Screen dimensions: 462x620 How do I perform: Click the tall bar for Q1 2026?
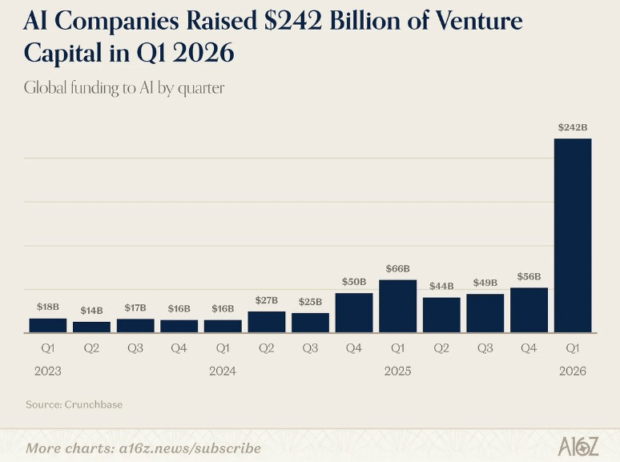pyautogui.click(x=573, y=235)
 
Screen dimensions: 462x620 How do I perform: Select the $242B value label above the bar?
pyautogui.click(x=573, y=127)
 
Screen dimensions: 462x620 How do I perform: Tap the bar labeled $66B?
pyautogui.click(x=398, y=306)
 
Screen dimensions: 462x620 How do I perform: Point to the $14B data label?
pyautogui.click(x=91, y=310)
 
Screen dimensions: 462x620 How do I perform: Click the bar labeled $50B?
pyautogui.click(x=354, y=312)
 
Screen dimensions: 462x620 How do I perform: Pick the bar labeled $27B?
pyautogui.click(x=267, y=322)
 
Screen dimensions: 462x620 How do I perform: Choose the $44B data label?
pyautogui.click(x=441, y=286)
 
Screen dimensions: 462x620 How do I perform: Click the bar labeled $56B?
pyautogui.click(x=529, y=310)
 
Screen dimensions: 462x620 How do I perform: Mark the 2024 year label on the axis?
pyautogui.click(x=222, y=372)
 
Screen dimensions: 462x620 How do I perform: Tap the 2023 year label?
pyautogui.click(x=47, y=372)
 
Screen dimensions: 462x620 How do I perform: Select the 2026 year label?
pyautogui.click(x=573, y=372)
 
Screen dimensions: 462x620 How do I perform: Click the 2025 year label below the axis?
pyautogui.click(x=397, y=372)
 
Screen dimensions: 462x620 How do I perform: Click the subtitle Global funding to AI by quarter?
pyautogui.click(x=124, y=88)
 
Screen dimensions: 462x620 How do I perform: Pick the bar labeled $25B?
pyautogui.click(x=310, y=323)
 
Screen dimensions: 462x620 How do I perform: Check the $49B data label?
pyautogui.click(x=485, y=283)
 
